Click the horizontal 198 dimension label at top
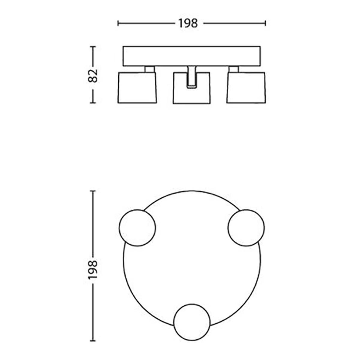188,23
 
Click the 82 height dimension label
93,76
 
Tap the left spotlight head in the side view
137,88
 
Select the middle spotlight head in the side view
192,88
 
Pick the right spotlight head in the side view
246,88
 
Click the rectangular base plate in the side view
192,56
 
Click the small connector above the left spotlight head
150,69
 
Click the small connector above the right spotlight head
234,69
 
